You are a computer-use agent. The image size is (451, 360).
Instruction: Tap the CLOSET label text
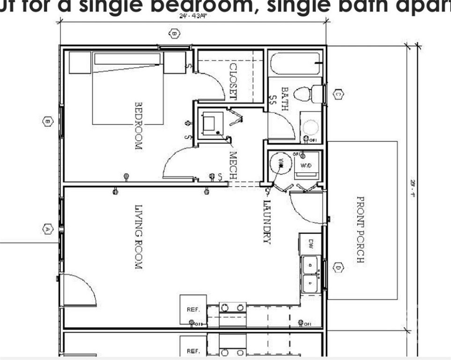coord(233,82)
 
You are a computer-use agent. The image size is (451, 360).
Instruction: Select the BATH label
coord(284,98)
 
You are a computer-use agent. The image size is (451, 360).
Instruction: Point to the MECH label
coord(233,164)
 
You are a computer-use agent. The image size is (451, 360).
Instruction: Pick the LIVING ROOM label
coord(139,237)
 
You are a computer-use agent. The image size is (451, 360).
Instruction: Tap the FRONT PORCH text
coord(361,229)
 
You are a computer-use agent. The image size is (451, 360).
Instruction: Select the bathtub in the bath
coord(295,63)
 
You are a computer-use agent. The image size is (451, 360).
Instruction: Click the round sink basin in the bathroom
coord(310,127)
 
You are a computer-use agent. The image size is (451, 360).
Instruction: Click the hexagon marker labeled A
coord(47,229)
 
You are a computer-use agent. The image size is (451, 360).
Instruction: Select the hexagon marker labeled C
coord(339,94)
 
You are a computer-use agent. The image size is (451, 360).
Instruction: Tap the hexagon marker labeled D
coord(339,268)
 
